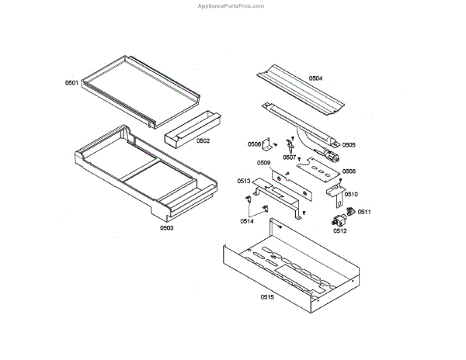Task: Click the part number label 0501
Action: pyautogui.click(x=71, y=82)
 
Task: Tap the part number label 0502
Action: pyautogui.click(x=203, y=140)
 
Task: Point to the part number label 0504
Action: pyautogui.click(x=315, y=78)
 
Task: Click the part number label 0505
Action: pyautogui.click(x=349, y=144)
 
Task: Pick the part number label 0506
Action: pyautogui.click(x=254, y=144)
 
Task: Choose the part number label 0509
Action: pyautogui.click(x=263, y=163)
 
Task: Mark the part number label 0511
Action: pyautogui.click(x=364, y=211)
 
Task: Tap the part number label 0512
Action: pyautogui.click(x=339, y=230)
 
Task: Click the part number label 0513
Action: pyautogui.click(x=243, y=182)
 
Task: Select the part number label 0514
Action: pyautogui.click(x=246, y=221)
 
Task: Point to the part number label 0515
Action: pyautogui.click(x=267, y=296)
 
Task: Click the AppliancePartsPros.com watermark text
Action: pyautogui.click(x=232, y=5)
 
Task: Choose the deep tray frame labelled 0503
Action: pyautogui.click(x=140, y=171)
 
